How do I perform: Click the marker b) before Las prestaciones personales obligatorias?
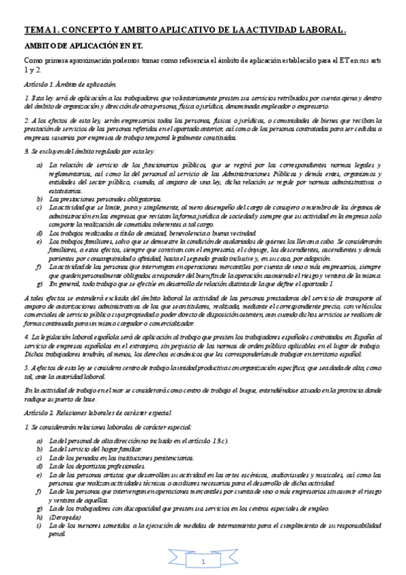point(39,198)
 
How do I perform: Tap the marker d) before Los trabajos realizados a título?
point(39,233)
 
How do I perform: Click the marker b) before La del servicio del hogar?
point(39,448)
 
